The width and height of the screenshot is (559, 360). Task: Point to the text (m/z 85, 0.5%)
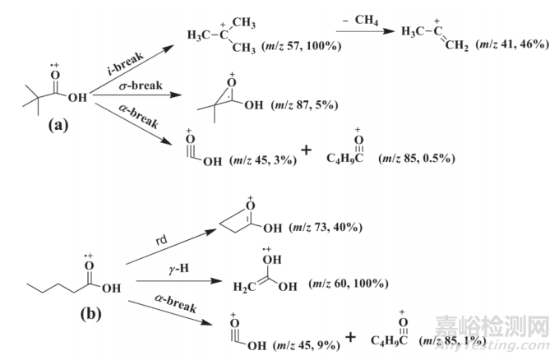click(422, 157)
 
